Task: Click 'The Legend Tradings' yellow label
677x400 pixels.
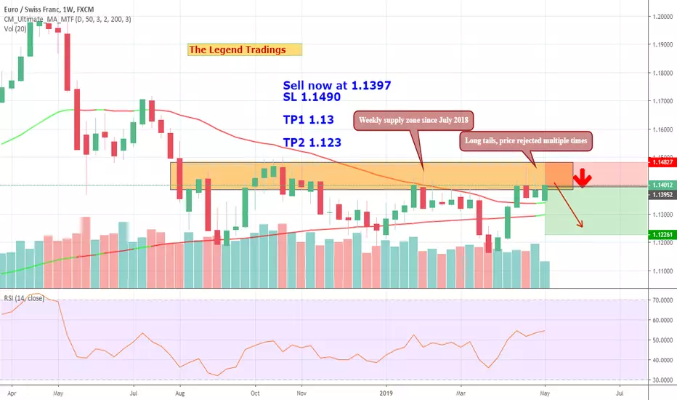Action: pyautogui.click(x=245, y=49)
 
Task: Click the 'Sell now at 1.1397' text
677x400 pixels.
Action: pyautogui.click(x=337, y=85)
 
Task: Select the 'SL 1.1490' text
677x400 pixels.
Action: pyautogui.click(x=312, y=97)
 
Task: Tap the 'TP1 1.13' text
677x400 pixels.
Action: pyautogui.click(x=308, y=119)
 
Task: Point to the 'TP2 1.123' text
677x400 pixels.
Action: pyautogui.click(x=312, y=143)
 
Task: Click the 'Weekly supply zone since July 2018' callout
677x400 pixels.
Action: pyautogui.click(x=413, y=120)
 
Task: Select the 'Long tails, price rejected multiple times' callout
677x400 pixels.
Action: pyautogui.click(x=525, y=141)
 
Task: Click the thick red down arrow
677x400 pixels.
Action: pyautogui.click(x=583, y=177)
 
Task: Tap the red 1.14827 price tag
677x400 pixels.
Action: pyautogui.click(x=662, y=162)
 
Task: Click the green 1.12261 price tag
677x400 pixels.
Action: pyautogui.click(x=662, y=234)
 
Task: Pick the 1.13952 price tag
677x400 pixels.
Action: pyautogui.click(x=662, y=195)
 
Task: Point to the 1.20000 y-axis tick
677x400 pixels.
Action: pyautogui.click(x=663, y=17)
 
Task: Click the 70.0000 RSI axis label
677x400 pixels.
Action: pyautogui.click(x=662, y=300)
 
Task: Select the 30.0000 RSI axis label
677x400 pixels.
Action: pyautogui.click(x=662, y=380)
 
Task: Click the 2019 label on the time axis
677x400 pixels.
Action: pyautogui.click(x=386, y=393)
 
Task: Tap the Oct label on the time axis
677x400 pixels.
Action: pyautogui.click(x=255, y=393)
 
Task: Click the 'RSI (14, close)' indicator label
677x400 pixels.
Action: pyautogui.click(x=24, y=298)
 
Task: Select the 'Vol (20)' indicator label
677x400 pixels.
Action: pyautogui.click(x=15, y=29)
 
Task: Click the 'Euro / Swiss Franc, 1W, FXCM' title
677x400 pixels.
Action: pyautogui.click(x=49, y=9)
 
